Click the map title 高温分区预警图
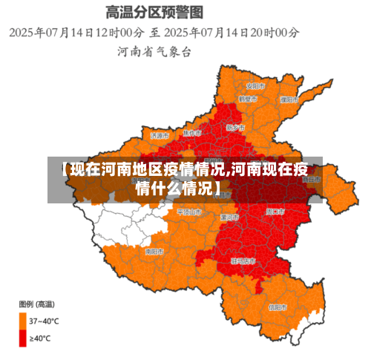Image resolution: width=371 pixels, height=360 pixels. click(154, 12)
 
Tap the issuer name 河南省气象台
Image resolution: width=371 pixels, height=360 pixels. click(154, 52)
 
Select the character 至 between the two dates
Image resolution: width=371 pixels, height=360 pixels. click(155, 33)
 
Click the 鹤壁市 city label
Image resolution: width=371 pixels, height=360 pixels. click(247, 99)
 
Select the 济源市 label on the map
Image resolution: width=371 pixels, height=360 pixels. click(160, 136)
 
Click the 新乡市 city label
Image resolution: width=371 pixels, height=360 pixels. click(234, 128)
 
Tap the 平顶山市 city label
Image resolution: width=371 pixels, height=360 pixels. click(188, 212)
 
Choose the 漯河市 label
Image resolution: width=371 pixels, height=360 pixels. click(229, 217)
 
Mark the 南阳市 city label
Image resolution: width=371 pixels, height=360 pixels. click(154, 252)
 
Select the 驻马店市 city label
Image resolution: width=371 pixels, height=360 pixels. click(243, 261)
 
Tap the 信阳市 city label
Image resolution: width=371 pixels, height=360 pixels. click(278, 306)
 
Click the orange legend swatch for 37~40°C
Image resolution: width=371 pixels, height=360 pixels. click(23, 320)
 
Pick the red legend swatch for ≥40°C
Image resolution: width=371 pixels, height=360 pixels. click(23, 338)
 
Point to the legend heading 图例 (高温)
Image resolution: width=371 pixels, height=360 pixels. click(36, 304)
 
